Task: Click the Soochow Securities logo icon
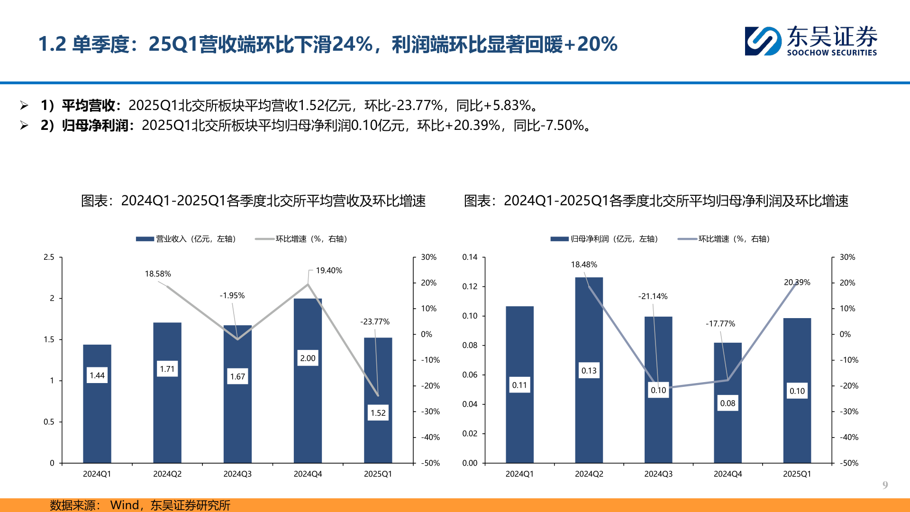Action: pyautogui.click(x=763, y=41)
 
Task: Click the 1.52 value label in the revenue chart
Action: pyautogui.click(x=378, y=413)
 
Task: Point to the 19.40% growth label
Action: pyautogui.click(x=329, y=271)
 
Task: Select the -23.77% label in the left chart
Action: pyautogui.click(x=375, y=322)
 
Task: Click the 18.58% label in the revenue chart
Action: pyautogui.click(x=158, y=274)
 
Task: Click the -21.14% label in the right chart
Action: pyautogui.click(x=653, y=297)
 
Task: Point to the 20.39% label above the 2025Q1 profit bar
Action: pyautogui.click(x=797, y=283)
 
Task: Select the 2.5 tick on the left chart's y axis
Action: pyautogui.click(x=49, y=257)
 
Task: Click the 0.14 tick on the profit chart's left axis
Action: pyautogui.click(x=470, y=257)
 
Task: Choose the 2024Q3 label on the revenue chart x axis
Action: pyautogui.click(x=237, y=474)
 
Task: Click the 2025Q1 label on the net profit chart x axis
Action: pyautogui.click(x=797, y=474)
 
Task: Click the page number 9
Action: pyautogui.click(x=885, y=485)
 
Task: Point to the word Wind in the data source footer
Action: pyautogui.click(x=124, y=505)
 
